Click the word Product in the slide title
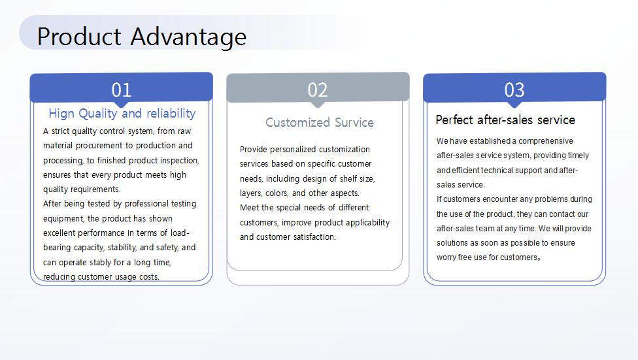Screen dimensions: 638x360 [x=79, y=36]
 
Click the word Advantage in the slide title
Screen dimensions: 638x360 [x=188, y=37]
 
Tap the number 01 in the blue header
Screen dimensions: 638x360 [x=121, y=90]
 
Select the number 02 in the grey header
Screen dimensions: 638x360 [x=318, y=90]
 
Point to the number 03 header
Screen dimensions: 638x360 [x=514, y=90]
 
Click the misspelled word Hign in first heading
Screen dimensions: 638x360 [x=61, y=114]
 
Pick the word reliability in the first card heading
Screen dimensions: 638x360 [x=171, y=114]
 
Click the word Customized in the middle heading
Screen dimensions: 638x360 [x=297, y=122]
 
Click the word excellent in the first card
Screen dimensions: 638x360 [x=59, y=233]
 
